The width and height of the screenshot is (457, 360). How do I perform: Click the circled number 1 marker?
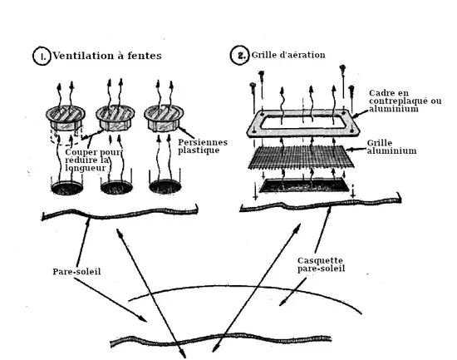[x=42, y=56]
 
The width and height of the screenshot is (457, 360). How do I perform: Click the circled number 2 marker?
[x=240, y=55]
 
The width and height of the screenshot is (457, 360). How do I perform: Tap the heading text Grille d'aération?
[x=288, y=55]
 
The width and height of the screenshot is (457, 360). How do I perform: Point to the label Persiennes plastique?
[x=203, y=146]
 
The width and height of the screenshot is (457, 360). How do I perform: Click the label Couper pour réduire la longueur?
[x=93, y=160]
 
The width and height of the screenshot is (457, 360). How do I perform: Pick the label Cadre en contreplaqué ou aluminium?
[x=405, y=101]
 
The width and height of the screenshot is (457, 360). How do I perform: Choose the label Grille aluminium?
[x=391, y=147]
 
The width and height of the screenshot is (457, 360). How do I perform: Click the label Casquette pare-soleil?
[x=321, y=264]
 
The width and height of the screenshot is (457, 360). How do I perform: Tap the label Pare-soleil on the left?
[x=76, y=272]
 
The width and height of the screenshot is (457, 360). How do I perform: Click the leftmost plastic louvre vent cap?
[x=66, y=118]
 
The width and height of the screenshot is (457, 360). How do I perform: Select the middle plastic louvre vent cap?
[x=115, y=118]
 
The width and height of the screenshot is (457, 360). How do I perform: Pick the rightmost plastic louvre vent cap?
[x=164, y=118]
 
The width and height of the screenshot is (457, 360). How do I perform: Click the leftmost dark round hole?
[x=67, y=188]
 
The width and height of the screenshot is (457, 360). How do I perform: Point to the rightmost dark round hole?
[x=165, y=186]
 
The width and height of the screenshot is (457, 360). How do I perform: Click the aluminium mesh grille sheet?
[x=301, y=156]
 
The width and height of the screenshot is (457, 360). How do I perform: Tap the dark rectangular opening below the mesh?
[x=304, y=186]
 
